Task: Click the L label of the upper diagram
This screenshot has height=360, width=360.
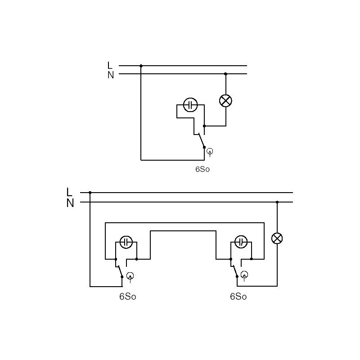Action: click(110, 65)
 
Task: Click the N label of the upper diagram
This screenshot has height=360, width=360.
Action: click(111, 75)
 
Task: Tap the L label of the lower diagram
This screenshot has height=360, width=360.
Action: click(69, 192)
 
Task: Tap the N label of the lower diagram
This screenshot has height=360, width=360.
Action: click(70, 203)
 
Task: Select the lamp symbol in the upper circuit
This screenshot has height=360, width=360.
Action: click(226, 101)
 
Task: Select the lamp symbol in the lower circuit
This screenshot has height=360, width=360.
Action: click(277, 238)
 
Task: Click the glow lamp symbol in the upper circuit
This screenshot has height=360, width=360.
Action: click(190, 105)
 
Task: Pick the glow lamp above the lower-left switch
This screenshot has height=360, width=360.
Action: click(126, 242)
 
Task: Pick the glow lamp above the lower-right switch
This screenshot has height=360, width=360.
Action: click(241, 242)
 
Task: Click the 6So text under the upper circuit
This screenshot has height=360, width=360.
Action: click(202, 169)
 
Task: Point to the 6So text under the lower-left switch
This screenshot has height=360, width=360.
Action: click(128, 297)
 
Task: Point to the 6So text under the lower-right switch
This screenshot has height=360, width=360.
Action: click(238, 297)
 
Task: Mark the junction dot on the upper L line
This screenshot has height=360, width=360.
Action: click(141, 66)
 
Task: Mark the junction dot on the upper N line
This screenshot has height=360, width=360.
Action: click(225, 74)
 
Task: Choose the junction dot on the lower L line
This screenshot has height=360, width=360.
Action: click(90, 193)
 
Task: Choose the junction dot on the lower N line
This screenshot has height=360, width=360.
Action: click(277, 202)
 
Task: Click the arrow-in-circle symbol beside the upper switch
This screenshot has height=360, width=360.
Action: click(210, 152)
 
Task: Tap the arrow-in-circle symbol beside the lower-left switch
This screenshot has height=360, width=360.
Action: click(130, 276)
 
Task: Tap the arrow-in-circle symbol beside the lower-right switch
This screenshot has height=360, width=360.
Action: click(244, 275)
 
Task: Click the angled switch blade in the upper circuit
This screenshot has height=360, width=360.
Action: click(202, 140)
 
